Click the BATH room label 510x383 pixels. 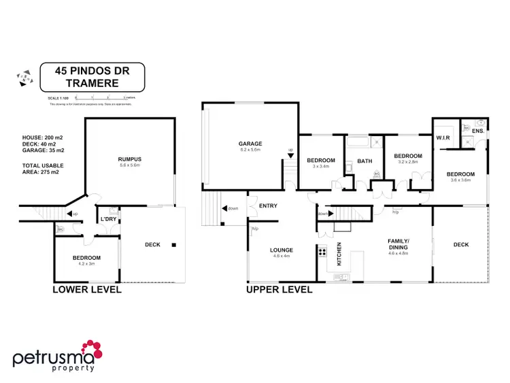click(365, 162)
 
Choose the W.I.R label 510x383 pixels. click(444, 137)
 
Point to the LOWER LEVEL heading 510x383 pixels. click(87, 290)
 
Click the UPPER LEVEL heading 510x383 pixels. click(279, 290)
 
